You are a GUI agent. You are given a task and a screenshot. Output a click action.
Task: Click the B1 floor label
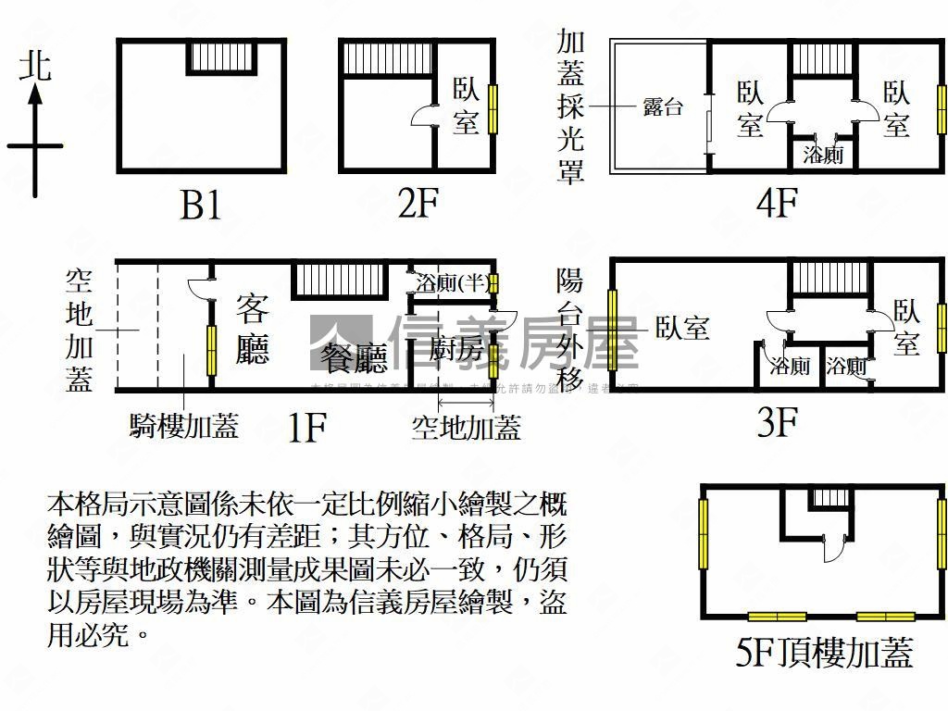coord(201,205)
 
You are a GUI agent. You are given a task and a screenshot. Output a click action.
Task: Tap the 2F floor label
coord(418,203)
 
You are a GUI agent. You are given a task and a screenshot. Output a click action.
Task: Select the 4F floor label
coord(776,203)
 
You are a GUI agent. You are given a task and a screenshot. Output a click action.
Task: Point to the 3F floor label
coord(778,423)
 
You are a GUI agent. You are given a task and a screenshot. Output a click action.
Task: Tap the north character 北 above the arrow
coord(36,67)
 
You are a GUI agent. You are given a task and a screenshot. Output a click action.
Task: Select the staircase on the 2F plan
coord(387,58)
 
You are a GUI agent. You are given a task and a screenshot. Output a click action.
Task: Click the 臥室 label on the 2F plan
coord(466,106)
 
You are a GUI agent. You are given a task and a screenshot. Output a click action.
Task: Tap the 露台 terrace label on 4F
coord(663,106)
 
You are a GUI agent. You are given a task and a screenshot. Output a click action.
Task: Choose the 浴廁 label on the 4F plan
coord(823,155)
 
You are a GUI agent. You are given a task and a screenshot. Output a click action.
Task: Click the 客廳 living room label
coord(252,328)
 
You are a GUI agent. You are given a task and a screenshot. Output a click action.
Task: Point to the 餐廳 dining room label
coord(353,356)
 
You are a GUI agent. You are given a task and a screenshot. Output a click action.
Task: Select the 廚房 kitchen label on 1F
coord(456,350)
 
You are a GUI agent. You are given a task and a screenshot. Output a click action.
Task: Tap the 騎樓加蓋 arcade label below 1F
coord(184,425)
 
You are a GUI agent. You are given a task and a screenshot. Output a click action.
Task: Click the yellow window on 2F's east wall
coord(493,107)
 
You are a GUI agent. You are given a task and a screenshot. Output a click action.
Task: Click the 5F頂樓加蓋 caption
coord(823,653)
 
